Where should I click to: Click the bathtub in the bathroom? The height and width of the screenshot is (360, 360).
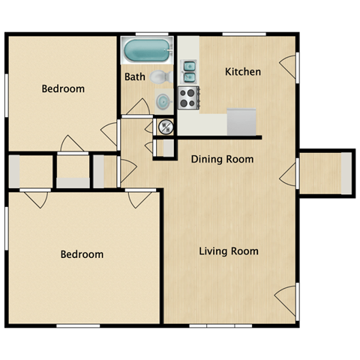coord(147,52)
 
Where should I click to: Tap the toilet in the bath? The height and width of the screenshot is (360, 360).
coord(159,77)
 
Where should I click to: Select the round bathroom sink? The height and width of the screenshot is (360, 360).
coord(163,101)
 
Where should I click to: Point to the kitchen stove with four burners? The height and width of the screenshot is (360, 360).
coord(187,97)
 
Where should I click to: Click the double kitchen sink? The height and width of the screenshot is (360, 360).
coord(188,70)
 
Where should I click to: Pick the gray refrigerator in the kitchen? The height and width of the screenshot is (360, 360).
coord(241,119)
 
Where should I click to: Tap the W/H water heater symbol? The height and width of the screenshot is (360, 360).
coord(165,127)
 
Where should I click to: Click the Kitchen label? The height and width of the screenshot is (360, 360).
coord(243,72)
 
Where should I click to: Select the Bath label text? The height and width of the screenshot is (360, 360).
coord(135,76)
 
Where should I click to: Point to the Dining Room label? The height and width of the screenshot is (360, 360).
coord(222,159)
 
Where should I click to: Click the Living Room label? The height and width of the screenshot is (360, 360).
coord(229,251)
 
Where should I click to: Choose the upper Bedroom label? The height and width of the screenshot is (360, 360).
coord(63,88)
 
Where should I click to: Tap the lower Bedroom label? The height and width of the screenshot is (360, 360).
coord(82,254)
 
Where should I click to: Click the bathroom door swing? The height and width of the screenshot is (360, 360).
coord(138,107)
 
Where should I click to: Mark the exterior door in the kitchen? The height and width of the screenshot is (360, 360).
coord(289,67)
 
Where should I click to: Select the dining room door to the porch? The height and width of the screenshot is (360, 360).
coord(289,175)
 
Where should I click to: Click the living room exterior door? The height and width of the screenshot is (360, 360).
coord(286,299)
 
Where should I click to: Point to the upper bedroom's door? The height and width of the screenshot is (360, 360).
coord(110,133)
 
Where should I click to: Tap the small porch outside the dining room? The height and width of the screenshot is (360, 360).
coord(325,173)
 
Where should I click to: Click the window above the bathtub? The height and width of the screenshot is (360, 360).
coord(148,34)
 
